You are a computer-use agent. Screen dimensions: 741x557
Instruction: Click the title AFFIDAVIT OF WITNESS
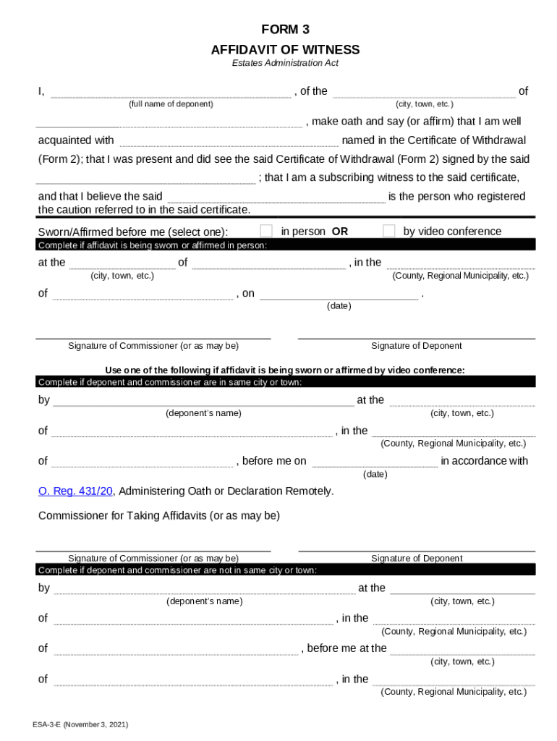[x=285, y=50]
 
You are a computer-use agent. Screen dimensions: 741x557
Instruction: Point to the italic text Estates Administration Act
[x=285, y=64]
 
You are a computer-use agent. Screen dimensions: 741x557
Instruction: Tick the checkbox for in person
[x=266, y=231]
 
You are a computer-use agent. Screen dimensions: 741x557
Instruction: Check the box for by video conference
[x=389, y=231]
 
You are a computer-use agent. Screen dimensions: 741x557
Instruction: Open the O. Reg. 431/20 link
[x=75, y=491]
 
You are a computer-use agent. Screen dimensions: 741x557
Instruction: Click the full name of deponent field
[x=171, y=92]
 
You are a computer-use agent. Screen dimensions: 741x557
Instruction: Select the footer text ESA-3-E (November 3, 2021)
[x=80, y=724]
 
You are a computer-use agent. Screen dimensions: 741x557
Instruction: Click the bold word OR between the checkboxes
[x=340, y=232]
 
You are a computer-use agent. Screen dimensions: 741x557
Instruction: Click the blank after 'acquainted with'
[x=228, y=141]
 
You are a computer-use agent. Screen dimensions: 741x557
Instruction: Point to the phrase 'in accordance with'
[x=485, y=461]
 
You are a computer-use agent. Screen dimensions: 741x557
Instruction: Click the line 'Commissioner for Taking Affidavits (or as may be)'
[x=158, y=516]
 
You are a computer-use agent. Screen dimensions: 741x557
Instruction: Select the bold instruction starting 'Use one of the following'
[x=285, y=370]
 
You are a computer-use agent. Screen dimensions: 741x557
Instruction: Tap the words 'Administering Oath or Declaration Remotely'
[x=226, y=491]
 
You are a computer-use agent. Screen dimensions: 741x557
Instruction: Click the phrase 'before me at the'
[x=347, y=648]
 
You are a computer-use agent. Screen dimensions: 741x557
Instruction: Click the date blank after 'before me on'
[x=375, y=462]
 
